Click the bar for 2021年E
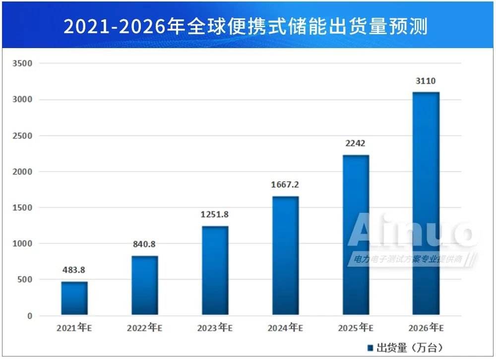(x=74, y=298)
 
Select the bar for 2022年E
(x=145, y=285)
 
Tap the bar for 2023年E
(x=215, y=270)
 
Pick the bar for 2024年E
(x=286, y=255)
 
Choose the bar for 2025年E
(x=356, y=235)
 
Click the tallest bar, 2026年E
(x=426, y=203)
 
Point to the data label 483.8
(x=73, y=270)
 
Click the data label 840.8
(x=144, y=244)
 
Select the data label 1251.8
(x=215, y=215)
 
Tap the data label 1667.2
(x=285, y=185)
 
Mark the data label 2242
(x=356, y=144)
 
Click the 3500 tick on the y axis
(x=23, y=64)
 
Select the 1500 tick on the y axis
(x=23, y=208)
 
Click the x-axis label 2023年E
(x=215, y=328)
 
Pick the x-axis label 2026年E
(x=426, y=328)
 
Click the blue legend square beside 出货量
(x=370, y=347)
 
